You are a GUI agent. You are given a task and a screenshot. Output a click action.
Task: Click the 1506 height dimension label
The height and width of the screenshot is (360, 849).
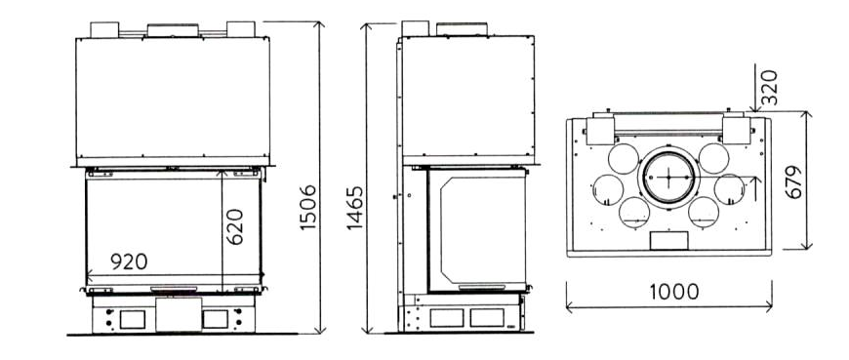tap(308, 207)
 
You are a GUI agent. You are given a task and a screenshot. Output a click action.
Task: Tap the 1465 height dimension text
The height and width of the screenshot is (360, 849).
tap(355, 208)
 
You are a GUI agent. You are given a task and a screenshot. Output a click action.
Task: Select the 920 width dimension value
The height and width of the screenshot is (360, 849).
tap(129, 261)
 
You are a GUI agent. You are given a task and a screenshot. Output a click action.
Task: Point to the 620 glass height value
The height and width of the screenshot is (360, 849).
tap(234, 226)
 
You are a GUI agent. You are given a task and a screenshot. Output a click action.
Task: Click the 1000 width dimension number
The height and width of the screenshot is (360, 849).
tap(674, 292)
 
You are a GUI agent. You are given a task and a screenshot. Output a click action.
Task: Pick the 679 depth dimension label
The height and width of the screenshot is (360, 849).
tap(793, 181)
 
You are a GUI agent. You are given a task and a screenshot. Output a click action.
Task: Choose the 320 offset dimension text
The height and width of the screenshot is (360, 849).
tap(769, 87)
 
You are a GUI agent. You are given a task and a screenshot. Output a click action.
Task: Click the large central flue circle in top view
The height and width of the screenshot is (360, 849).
tap(668, 177)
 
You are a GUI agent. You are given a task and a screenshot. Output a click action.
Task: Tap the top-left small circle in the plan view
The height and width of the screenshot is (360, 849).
tap(624, 159)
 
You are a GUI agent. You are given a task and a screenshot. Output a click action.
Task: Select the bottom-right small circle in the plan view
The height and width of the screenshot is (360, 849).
tap(704, 213)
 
